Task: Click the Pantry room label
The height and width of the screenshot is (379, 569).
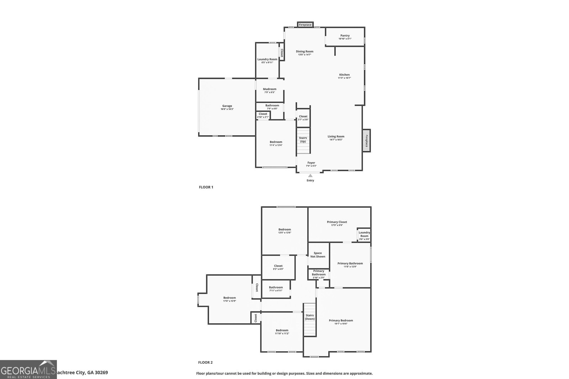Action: pos(345,36)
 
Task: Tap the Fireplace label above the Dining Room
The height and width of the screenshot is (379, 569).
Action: pos(305,25)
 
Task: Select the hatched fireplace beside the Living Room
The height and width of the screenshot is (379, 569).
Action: pos(366,141)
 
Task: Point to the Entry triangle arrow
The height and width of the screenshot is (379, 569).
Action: pos(310,175)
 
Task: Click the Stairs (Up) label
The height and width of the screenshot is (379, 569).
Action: pos(303,140)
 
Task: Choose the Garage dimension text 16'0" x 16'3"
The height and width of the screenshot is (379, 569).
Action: pos(227,109)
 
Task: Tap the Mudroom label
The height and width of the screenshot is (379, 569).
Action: pos(270,89)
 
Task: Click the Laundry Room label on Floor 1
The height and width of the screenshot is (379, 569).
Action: pos(267,59)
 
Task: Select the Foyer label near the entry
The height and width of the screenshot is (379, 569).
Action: pos(311,163)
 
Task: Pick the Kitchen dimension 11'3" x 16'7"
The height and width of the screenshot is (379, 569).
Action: pos(344,78)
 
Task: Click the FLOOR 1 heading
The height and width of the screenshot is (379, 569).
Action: pos(206,187)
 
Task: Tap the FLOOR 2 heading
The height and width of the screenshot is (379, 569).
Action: pos(205,363)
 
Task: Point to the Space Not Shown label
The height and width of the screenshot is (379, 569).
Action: pos(318,255)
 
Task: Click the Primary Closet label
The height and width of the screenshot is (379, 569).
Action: pos(337,222)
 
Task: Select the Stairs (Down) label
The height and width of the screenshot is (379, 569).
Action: pos(309,317)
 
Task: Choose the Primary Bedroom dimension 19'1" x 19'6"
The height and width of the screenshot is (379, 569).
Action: pos(341,324)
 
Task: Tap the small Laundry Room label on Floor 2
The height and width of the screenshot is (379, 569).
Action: pos(364,234)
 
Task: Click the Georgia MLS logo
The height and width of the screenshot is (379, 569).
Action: pos(28,369)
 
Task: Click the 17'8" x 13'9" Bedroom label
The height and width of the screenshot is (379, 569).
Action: pos(229,301)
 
